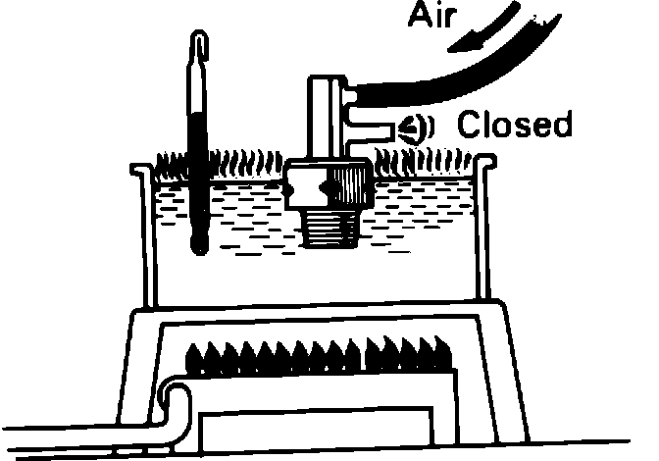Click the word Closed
click(515, 127)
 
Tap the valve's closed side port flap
click(410, 127)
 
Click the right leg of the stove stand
click(505, 373)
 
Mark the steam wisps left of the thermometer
click(171, 160)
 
